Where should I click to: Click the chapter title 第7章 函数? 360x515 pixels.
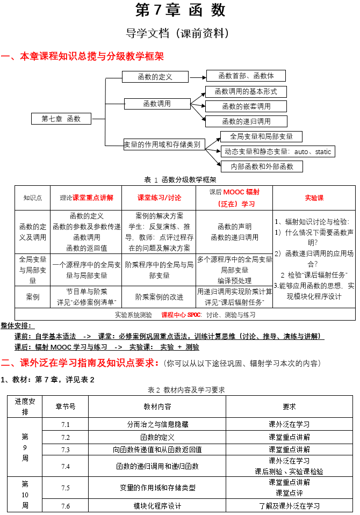pos(180,10)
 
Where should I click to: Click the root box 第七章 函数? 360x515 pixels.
pos(61,119)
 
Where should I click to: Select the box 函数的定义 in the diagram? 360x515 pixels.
pos(155,77)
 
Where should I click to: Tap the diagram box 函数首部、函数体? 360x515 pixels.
pos(246,76)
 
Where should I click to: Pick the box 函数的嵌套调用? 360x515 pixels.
pos(246,106)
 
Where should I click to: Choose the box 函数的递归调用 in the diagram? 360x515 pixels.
pos(246,121)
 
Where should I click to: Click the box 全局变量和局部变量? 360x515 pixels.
pos(261,136)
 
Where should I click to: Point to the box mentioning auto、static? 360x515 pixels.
pos(278,151)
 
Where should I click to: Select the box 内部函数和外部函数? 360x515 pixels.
pos(262,166)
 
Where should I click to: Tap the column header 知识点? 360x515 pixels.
pos(33,198)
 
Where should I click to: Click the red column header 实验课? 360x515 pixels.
pos(314,198)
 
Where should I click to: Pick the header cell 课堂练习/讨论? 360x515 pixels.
pos(159,198)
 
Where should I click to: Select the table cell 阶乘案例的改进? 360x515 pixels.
pos(159,297)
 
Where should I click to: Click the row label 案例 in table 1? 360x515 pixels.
pos(33,296)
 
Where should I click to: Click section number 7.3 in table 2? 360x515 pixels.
pos(66,449)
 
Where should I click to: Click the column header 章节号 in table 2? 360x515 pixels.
pos(66,407)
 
